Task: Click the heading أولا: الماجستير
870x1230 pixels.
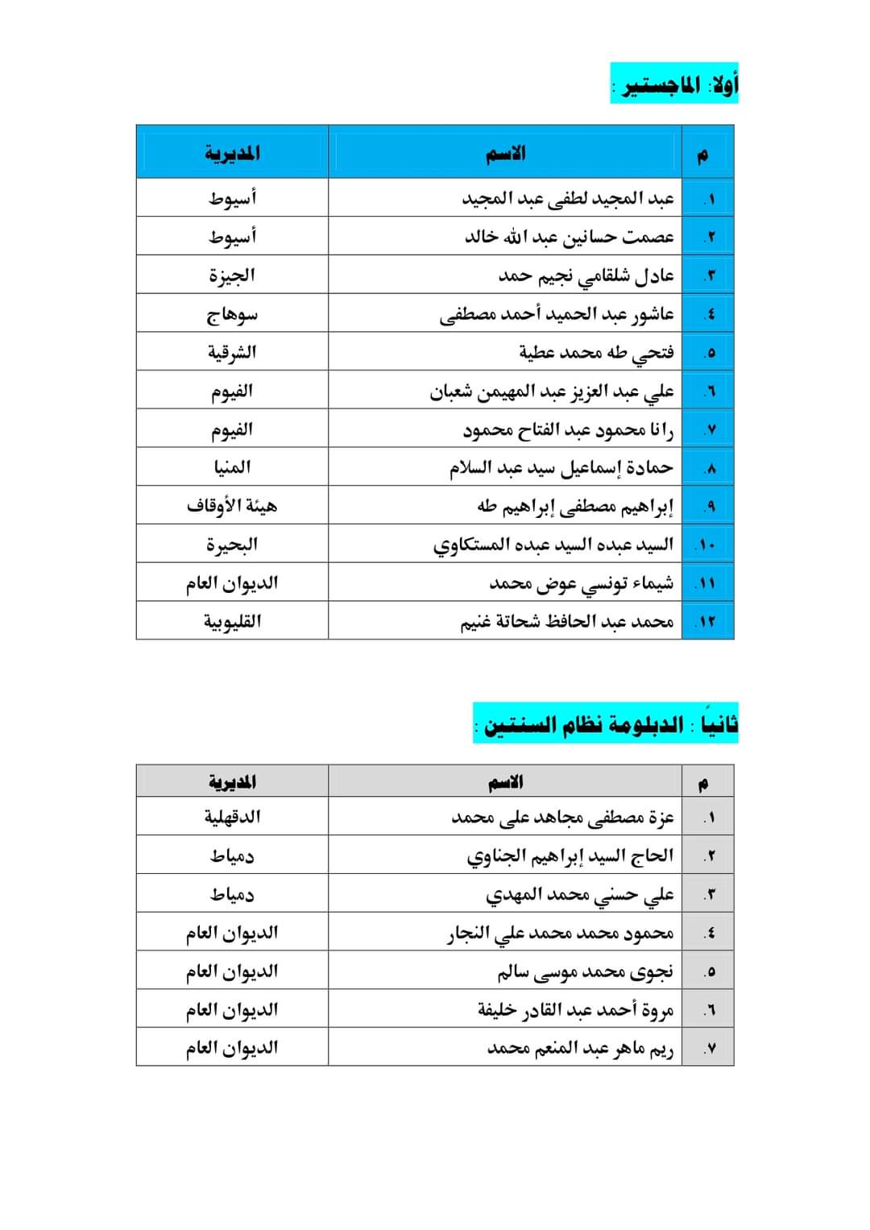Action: (674, 84)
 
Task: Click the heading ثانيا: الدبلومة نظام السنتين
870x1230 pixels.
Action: (605, 723)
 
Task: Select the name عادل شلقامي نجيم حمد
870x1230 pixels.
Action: (586, 275)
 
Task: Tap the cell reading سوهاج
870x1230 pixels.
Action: (232, 314)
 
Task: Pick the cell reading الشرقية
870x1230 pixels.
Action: (232, 352)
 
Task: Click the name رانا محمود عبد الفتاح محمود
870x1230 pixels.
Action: (568, 429)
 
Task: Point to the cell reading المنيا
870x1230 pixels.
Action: (232, 467)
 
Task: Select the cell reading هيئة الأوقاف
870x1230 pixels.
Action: (232, 506)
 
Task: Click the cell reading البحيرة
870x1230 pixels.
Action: (232, 545)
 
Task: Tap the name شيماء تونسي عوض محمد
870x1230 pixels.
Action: (581, 583)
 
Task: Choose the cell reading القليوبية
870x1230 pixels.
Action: (232, 621)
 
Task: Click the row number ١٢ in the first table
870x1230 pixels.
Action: (706, 622)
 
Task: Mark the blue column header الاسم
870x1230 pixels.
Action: (505, 153)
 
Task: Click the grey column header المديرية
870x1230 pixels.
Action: (232, 781)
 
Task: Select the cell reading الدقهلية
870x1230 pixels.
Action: (232, 817)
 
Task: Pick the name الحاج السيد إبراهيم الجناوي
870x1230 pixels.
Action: (570, 855)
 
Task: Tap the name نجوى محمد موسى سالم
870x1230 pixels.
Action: (585, 971)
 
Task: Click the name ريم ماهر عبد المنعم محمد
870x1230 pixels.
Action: (580, 1048)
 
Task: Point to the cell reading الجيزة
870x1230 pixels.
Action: (232, 275)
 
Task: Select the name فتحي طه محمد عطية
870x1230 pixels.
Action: (596, 352)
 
